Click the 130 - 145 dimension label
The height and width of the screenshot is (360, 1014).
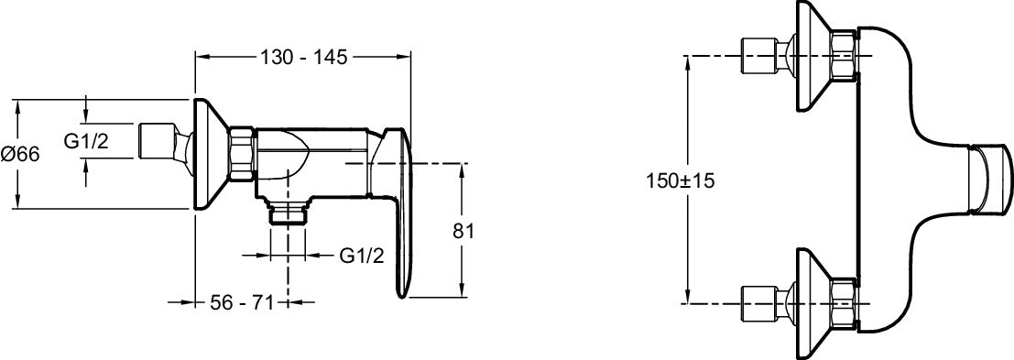click(303, 57)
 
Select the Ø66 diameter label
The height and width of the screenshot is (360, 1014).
click(20, 154)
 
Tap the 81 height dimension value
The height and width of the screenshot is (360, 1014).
click(463, 231)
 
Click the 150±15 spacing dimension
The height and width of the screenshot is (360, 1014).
click(681, 180)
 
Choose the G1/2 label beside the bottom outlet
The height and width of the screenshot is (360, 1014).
click(361, 256)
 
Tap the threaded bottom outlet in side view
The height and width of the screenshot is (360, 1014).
click(289, 214)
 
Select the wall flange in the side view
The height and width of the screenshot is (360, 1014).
click(207, 154)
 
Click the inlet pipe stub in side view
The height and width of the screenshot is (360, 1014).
click(156, 142)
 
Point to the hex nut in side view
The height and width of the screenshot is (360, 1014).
click(243, 154)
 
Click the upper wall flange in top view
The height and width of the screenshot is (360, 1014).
click(812, 57)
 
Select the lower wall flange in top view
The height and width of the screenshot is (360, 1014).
click(812, 303)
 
